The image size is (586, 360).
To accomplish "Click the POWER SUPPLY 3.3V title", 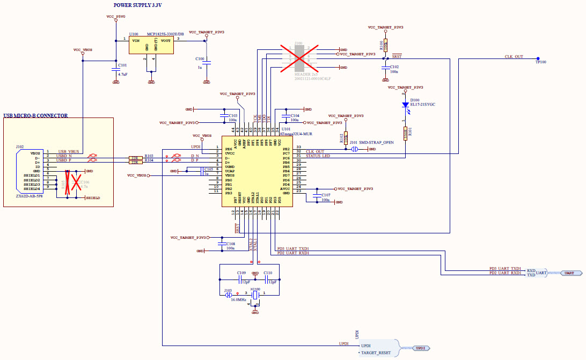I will pyautogui.click(x=137, y=5).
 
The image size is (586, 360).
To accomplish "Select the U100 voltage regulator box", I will pyautogui.click(x=151, y=45).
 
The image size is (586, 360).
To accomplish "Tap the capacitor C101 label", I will pyautogui.click(x=122, y=65).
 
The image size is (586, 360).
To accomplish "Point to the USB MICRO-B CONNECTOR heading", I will pyautogui.click(x=35, y=115).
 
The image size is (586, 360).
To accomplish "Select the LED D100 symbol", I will pyautogui.click(x=406, y=106).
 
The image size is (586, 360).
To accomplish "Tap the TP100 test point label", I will pyautogui.click(x=540, y=62).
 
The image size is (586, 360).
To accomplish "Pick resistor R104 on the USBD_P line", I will pyautogui.click(x=134, y=161).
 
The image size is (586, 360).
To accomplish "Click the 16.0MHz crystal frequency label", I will pyautogui.click(x=239, y=300).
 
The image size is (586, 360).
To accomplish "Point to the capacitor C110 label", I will pyautogui.click(x=267, y=273).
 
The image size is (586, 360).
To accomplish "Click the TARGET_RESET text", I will pyautogui.click(x=376, y=353).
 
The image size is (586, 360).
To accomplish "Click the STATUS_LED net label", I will pyautogui.click(x=318, y=156).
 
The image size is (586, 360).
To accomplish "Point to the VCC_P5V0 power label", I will pyautogui.click(x=116, y=17).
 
